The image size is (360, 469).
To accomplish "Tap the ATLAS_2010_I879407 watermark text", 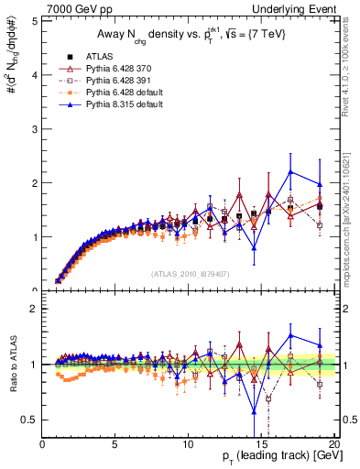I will click(189, 274).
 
